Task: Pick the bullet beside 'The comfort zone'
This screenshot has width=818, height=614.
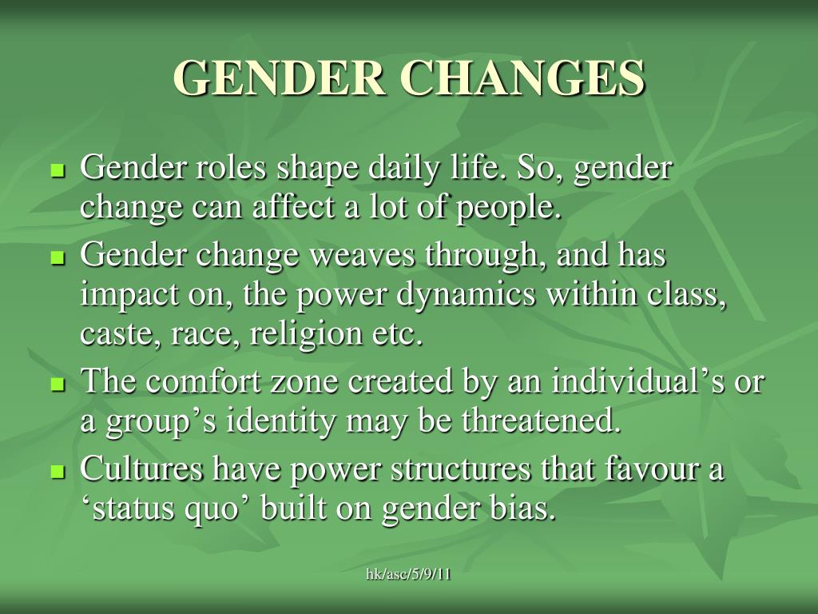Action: (57, 385)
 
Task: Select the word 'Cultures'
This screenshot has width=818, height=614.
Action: (141, 469)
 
